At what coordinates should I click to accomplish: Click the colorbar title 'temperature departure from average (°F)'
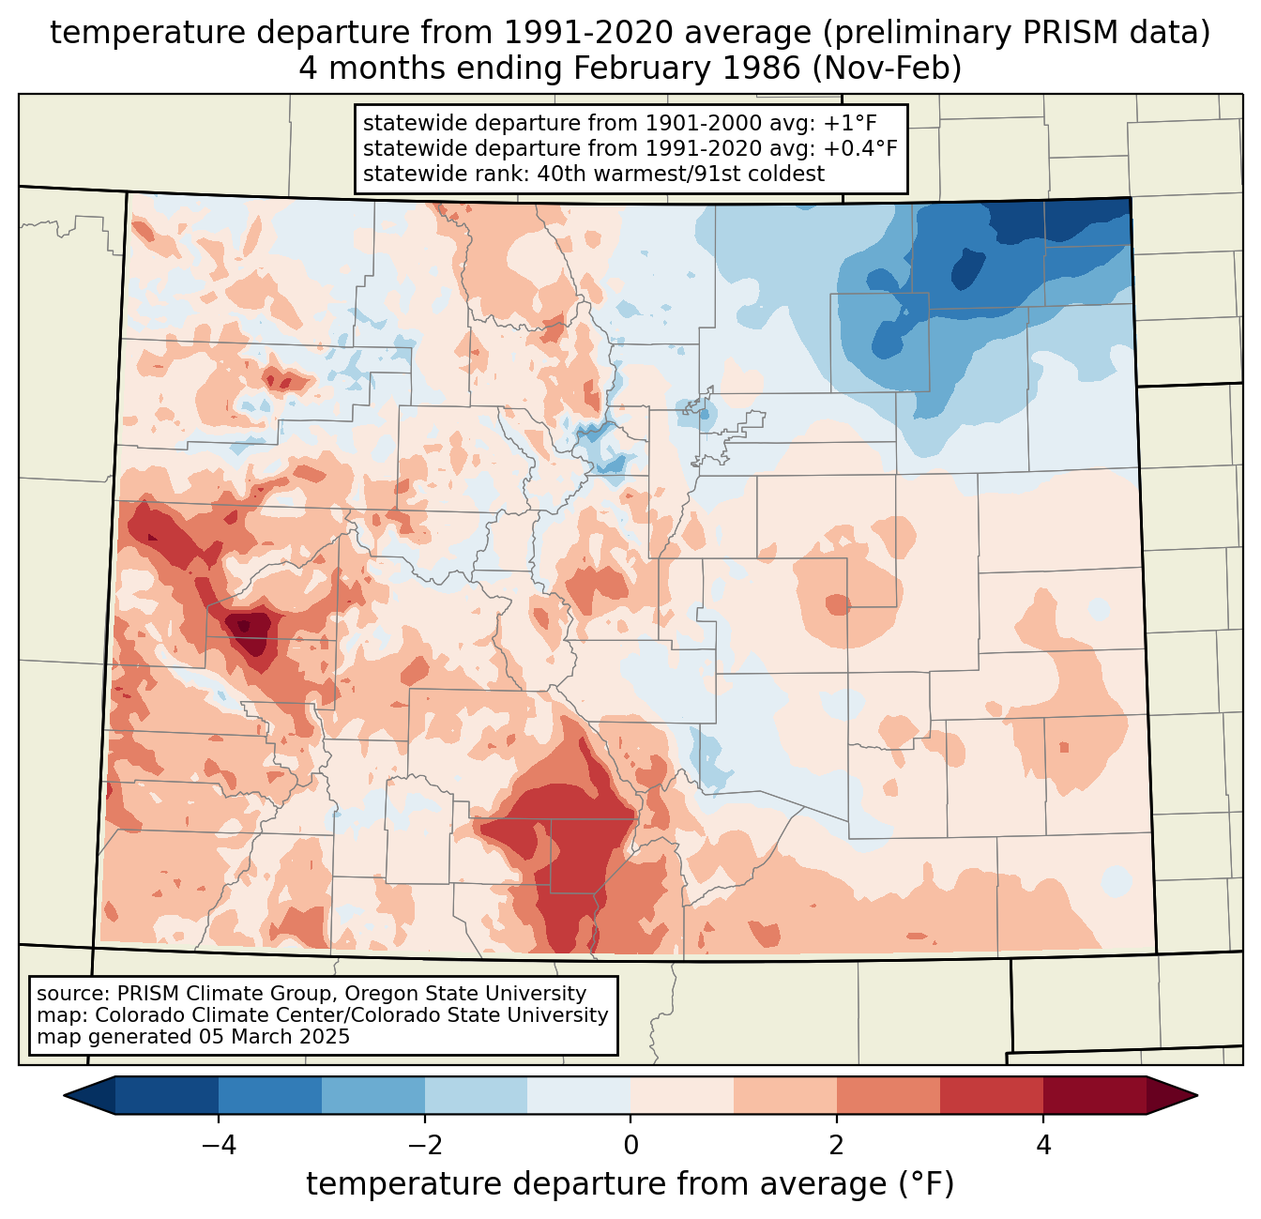pyautogui.click(x=630, y=1184)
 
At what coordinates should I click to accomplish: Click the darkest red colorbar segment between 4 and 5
pyautogui.click(x=1094, y=1095)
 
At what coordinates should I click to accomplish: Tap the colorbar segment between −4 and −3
pyautogui.click(x=270, y=1095)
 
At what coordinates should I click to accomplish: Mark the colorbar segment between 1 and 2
pyautogui.click(x=785, y=1095)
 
